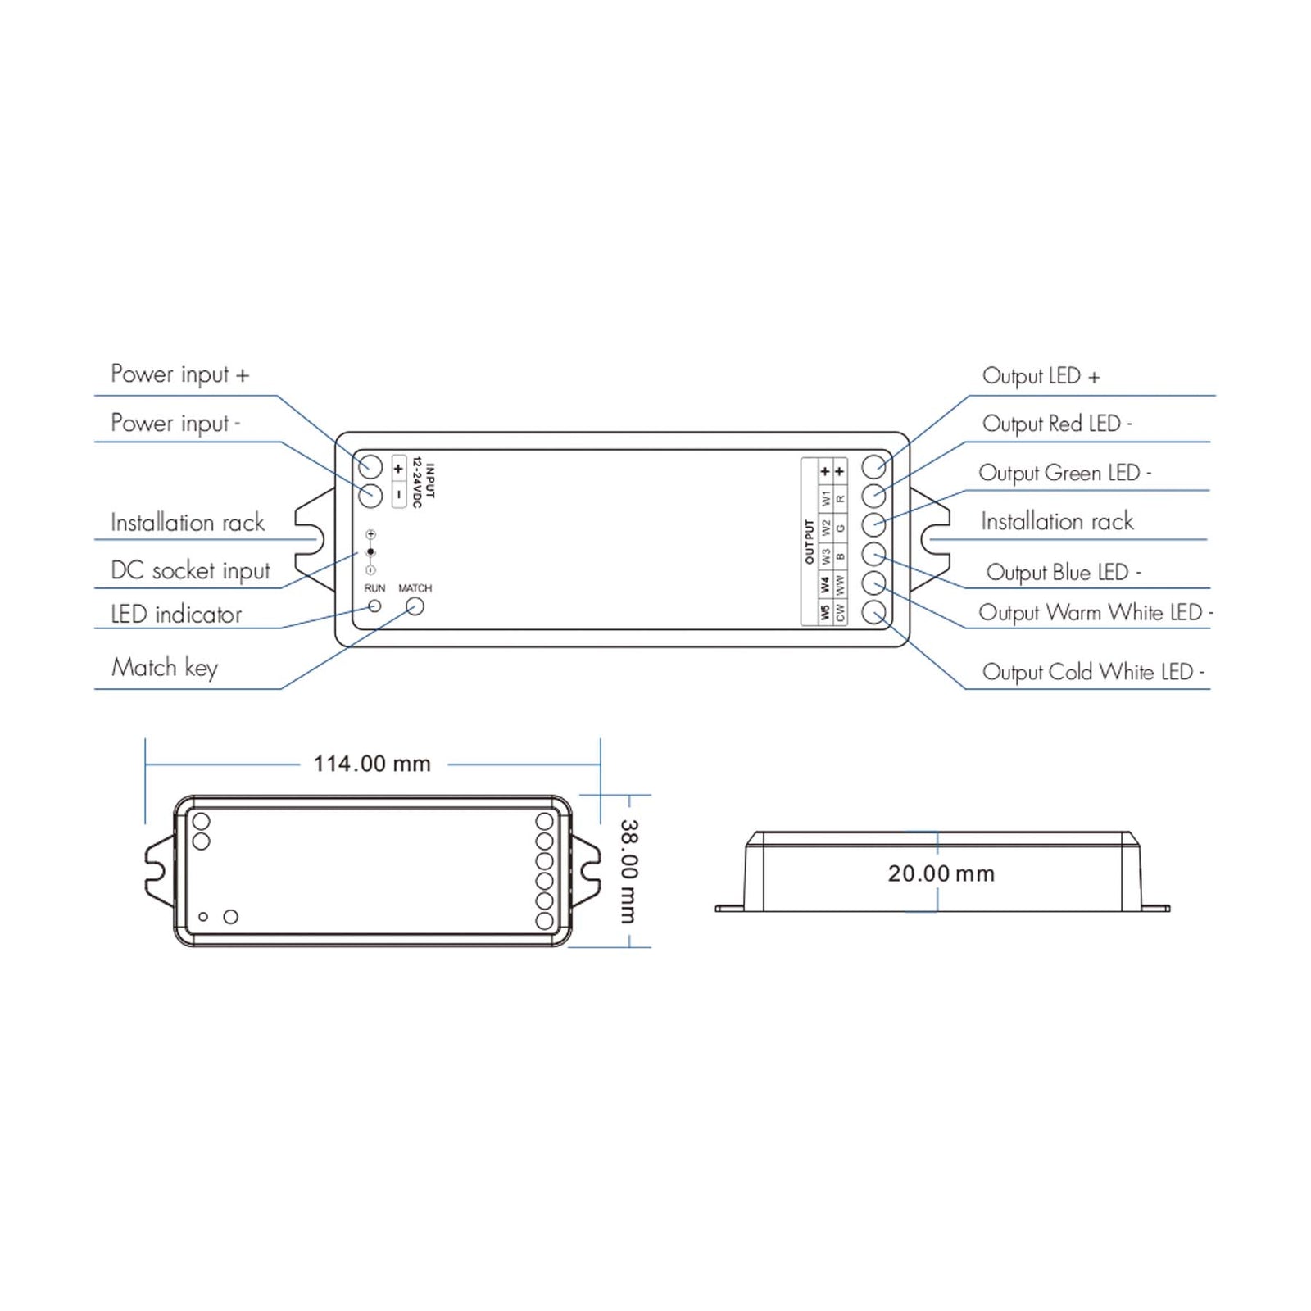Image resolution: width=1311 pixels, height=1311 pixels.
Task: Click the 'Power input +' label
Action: [x=179, y=374]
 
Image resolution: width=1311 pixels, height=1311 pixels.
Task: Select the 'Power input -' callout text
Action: [x=175, y=424]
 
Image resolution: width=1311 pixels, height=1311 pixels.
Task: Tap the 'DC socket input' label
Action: [x=190, y=570]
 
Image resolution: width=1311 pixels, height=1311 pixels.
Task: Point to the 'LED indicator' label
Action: [x=176, y=615]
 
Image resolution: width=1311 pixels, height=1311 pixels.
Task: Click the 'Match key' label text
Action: [x=165, y=668]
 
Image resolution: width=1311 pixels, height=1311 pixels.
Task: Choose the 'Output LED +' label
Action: [x=1041, y=376]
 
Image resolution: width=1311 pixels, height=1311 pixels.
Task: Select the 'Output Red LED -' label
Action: [x=1057, y=424]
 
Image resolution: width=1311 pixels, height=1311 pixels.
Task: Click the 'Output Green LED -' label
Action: [x=1064, y=473]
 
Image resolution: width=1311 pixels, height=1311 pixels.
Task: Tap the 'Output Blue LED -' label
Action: [x=1063, y=572]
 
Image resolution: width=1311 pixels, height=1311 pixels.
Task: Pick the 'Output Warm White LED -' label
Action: [x=1096, y=613]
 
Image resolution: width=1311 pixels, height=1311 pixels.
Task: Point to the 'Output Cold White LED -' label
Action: [x=1093, y=672]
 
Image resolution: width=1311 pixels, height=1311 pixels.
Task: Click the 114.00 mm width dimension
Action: [x=372, y=764]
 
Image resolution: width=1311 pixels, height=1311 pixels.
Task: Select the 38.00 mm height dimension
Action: [x=628, y=871]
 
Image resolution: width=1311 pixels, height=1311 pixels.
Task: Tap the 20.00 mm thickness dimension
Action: [x=941, y=873]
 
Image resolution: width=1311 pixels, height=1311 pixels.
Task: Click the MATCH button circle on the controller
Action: [x=415, y=606]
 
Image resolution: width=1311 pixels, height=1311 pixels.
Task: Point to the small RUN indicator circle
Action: [x=374, y=606]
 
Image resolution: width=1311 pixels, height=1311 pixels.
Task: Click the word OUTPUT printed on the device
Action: [x=810, y=541]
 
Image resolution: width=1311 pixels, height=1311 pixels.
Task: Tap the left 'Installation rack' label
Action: [x=188, y=523]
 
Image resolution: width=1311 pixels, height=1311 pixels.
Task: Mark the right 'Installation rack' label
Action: [x=1057, y=521]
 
